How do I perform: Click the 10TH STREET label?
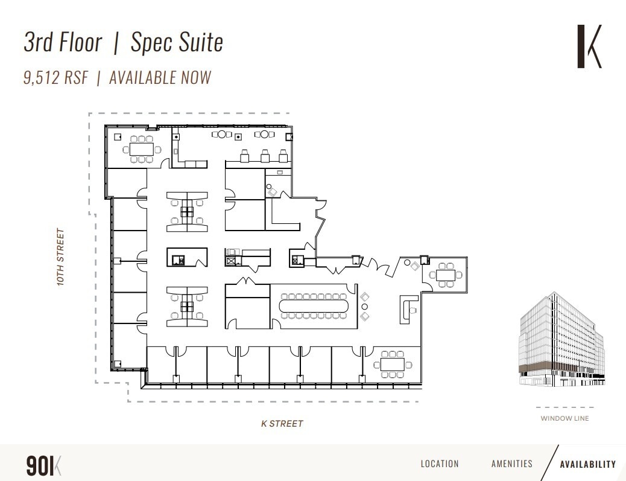click(x=60, y=257)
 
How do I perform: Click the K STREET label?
click(x=282, y=424)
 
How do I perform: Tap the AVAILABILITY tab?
click(x=587, y=464)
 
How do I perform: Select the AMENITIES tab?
click(x=512, y=464)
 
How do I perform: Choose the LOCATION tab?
click(x=440, y=464)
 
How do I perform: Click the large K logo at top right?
click(x=589, y=46)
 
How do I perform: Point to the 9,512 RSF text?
click(x=56, y=78)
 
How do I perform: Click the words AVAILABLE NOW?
click(x=160, y=78)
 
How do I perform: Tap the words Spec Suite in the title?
click(x=177, y=42)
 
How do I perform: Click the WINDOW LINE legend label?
click(x=564, y=418)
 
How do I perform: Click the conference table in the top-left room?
click(x=142, y=148)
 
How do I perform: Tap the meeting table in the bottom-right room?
click(x=393, y=364)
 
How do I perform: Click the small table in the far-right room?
click(x=446, y=275)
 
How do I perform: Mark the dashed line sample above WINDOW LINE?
click(x=564, y=407)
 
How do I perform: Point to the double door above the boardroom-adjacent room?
click(x=247, y=281)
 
